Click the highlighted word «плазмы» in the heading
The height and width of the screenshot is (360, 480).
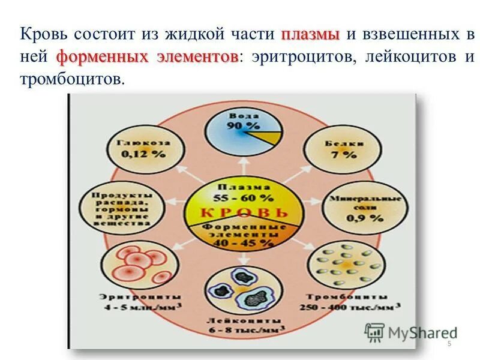pyautogui.click(x=310, y=35)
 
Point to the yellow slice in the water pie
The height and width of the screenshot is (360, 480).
pyautogui.click(x=270, y=137)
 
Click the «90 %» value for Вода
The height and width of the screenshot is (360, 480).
pyautogui.click(x=243, y=126)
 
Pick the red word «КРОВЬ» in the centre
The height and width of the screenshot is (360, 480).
pyautogui.click(x=243, y=212)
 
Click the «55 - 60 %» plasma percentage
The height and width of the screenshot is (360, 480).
pyautogui.click(x=243, y=197)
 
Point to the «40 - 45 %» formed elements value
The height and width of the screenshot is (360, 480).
pyautogui.click(x=243, y=244)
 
